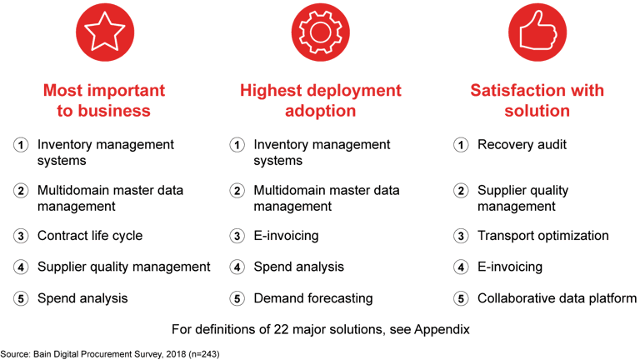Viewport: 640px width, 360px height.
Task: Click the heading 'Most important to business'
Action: [103, 100]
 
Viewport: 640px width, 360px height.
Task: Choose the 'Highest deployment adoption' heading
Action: [321, 100]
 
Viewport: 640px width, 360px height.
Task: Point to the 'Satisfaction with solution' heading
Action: [537, 100]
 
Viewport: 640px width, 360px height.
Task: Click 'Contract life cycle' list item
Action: [89, 236]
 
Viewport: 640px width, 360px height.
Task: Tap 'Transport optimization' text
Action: [542, 236]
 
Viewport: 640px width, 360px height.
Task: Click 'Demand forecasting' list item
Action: [312, 297]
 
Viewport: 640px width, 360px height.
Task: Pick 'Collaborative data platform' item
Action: [557, 297]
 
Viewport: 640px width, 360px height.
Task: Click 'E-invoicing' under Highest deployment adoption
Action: [286, 236]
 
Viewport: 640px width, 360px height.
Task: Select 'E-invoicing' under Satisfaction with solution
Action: [509, 267]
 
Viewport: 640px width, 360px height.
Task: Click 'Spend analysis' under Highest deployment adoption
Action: [298, 267]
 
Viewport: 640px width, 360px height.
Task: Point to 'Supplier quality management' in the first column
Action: [123, 267]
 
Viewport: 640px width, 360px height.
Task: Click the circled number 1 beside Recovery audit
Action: [460, 145]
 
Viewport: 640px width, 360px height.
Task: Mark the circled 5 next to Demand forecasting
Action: [237, 297]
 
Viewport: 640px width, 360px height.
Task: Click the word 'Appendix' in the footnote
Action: [442, 329]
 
